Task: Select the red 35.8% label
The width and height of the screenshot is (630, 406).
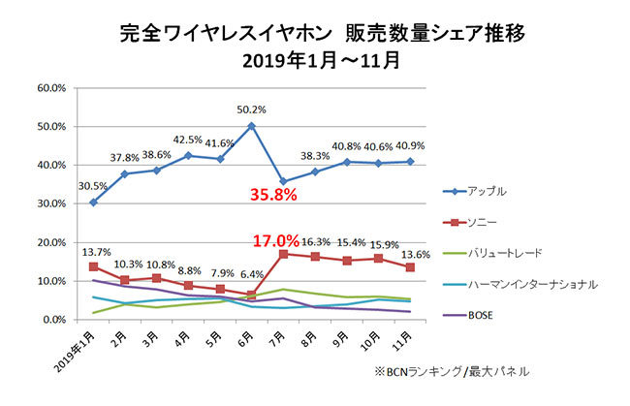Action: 271,196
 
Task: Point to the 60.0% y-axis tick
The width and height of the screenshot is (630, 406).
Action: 52,87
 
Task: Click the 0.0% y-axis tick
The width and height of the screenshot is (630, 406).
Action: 55,320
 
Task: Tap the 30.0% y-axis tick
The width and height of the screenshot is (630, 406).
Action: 52,203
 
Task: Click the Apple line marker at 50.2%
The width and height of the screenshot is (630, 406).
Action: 251,125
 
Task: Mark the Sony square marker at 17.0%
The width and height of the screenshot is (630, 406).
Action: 283,254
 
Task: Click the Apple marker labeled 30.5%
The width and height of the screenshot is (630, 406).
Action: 93,202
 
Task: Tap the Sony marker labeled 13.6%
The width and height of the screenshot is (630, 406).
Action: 410,267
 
